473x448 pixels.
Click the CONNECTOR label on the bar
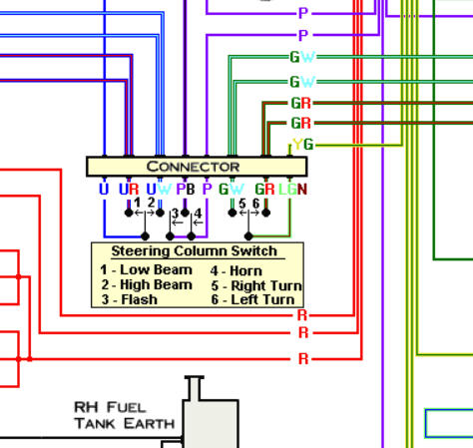(x=193, y=167)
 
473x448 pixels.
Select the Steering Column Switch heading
(x=195, y=251)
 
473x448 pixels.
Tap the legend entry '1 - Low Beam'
(x=146, y=269)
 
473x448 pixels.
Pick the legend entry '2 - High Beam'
(x=147, y=285)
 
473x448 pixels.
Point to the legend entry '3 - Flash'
(x=129, y=299)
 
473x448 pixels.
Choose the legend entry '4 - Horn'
(x=236, y=271)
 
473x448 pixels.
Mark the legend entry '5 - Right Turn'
(x=256, y=285)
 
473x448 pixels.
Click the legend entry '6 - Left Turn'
(x=252, y=299)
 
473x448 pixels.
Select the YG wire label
(x=303, y=145)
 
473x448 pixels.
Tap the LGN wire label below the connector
(x=292, y=190)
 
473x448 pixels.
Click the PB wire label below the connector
(x=186, y=190)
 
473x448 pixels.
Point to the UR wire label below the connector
(x=129, y=190)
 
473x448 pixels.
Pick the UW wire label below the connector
(x=159, y=190)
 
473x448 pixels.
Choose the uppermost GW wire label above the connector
(x=302, y=57)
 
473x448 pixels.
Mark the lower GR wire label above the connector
(x=301, y=123)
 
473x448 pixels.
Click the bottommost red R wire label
(x=303, y=359)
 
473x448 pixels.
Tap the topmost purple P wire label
(x=303, y=14)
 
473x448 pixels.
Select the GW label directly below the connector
(x=232, y=190)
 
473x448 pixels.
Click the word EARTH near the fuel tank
(x=150, y=424)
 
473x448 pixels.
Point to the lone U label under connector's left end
(x=104, y=190)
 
